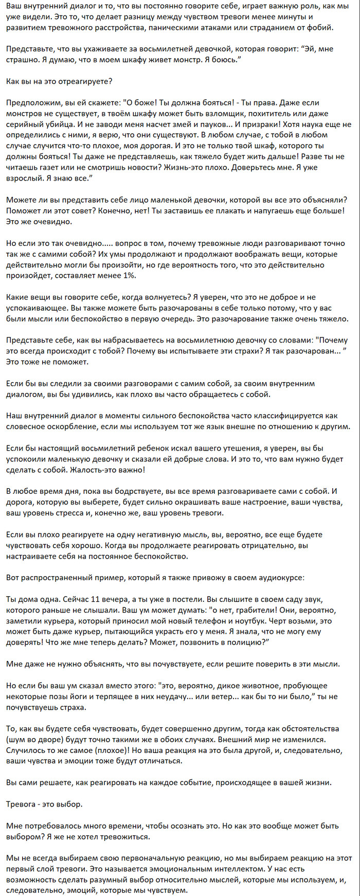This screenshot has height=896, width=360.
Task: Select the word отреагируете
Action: [x=81, y=82]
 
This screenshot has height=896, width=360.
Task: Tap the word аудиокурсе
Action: [x=279, y=578]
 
